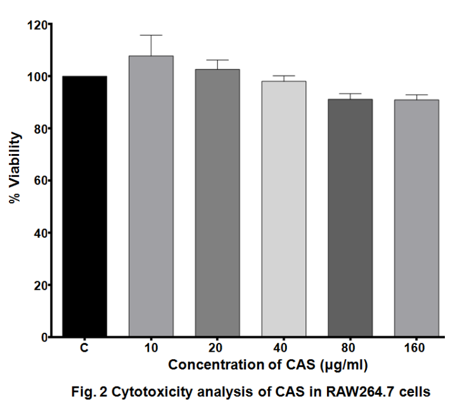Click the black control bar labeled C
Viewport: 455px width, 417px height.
(x=84, y=206)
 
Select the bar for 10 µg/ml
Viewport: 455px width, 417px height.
(x=151, y=196)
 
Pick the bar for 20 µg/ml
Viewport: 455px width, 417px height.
(x=217, y=203)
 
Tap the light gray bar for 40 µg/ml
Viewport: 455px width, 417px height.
(x=284, y=209)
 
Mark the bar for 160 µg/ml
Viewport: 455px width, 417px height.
(x=416, y=218)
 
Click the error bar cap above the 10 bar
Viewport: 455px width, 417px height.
(x=151, y=35)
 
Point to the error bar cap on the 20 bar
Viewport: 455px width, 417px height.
(x=217, y=60)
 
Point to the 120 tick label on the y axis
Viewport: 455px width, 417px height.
(x=38, y=25)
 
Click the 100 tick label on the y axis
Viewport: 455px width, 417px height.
(x=38, y=77)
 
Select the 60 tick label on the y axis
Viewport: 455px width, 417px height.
(x=41, y=181)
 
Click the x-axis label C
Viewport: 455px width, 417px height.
(x=84, y=348)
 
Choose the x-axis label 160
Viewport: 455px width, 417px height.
(x=416, y=348)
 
